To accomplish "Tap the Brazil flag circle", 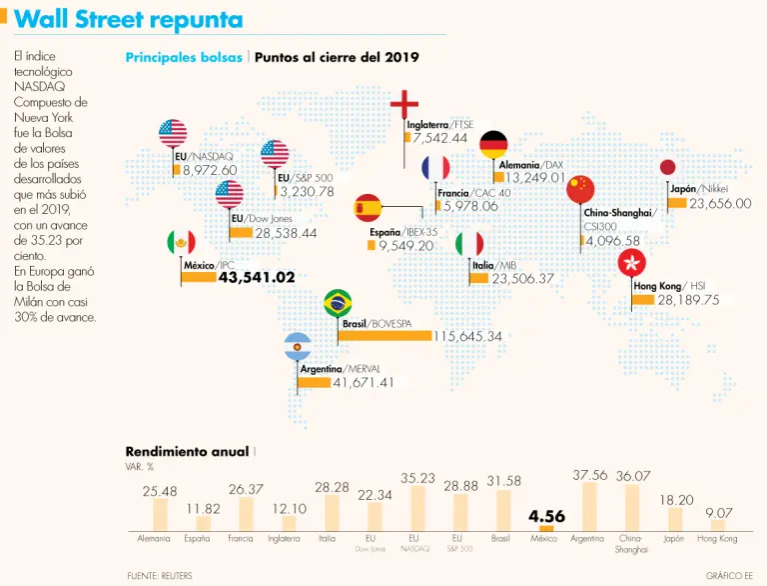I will point(339,302).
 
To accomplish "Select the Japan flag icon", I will point(669,168).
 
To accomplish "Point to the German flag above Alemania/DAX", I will point(493,144).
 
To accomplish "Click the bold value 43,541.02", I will point(257,277).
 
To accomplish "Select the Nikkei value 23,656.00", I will point(720,203).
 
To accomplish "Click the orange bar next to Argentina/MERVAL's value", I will point(315,382).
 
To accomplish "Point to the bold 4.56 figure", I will point(547,516).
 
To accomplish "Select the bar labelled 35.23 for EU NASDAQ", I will point(417,508).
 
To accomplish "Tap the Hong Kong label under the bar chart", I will point(717,538).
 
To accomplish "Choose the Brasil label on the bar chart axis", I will point(501,538).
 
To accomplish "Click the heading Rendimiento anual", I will point(187,452).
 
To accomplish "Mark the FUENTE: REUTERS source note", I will point(160,575).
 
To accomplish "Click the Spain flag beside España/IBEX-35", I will point(369,208).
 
